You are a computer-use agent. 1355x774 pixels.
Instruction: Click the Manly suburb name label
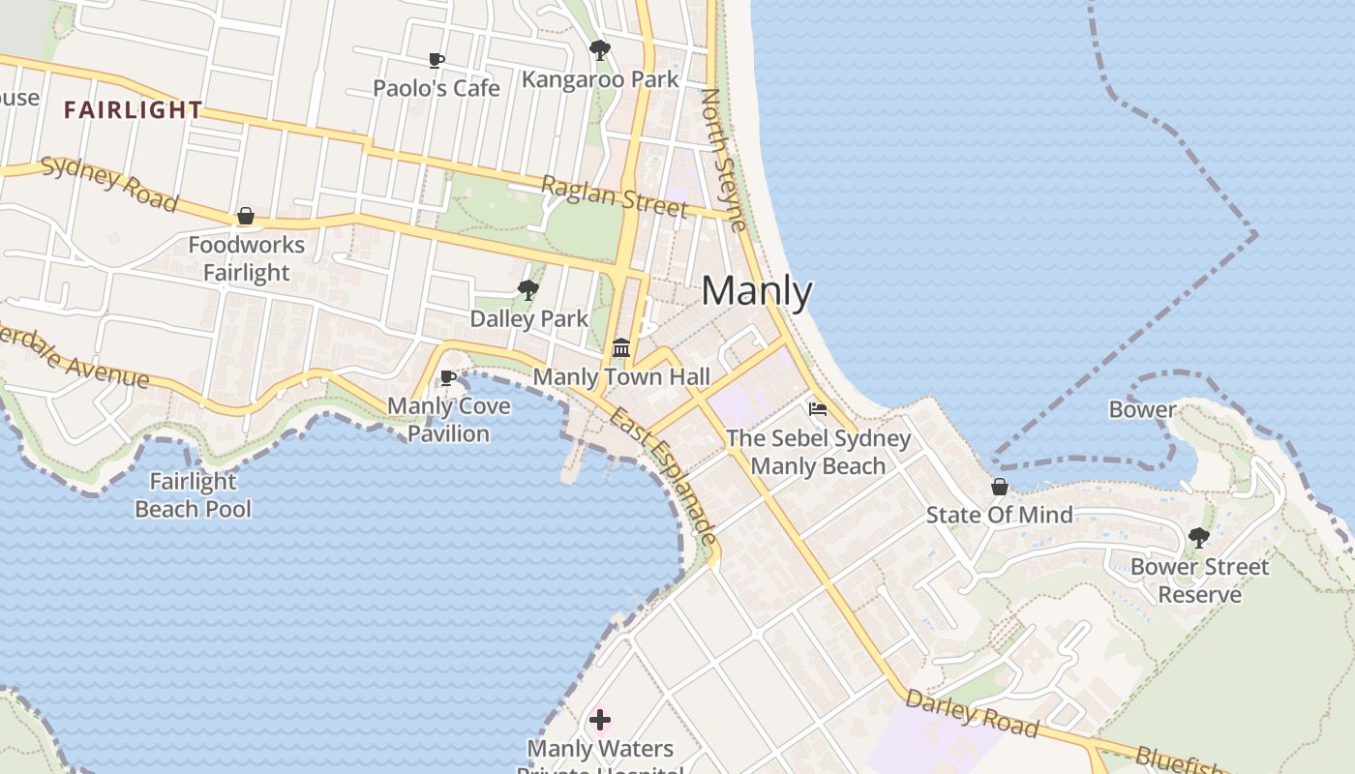(x=757, y=290)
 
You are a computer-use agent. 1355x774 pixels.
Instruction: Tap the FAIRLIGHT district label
(x=134, y=110)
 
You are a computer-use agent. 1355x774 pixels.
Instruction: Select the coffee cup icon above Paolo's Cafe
(x=437, y=61)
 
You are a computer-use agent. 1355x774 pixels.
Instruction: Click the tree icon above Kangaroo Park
(x=600, y=49)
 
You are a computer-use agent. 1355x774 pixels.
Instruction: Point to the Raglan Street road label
(x=615, y=196)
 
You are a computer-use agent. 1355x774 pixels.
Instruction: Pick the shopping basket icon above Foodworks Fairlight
(x=246, y=216)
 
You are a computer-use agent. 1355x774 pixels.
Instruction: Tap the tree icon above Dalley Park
(x=528, y=289)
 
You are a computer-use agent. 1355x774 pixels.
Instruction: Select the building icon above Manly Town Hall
(x=621, y=347)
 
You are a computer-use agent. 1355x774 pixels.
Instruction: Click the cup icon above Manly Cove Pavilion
(x=448, y=377)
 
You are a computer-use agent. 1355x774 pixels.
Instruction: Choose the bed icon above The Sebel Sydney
(x=818, y=409)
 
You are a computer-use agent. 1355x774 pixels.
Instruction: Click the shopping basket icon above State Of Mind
(x=1000, y=487)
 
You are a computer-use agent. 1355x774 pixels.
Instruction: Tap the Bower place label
(x=1142, y=409)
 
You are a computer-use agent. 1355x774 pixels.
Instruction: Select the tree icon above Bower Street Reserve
(x=1199, y=537)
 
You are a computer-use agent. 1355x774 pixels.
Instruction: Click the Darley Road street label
(x=972, y=714)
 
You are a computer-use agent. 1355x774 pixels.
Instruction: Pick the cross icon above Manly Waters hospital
(x=600, y=720)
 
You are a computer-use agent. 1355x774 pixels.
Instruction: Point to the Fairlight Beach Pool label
(x=193, y=495)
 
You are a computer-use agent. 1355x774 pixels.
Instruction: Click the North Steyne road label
(x=723, y=161)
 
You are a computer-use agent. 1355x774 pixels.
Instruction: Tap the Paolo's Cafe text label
(x=437, y=88)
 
